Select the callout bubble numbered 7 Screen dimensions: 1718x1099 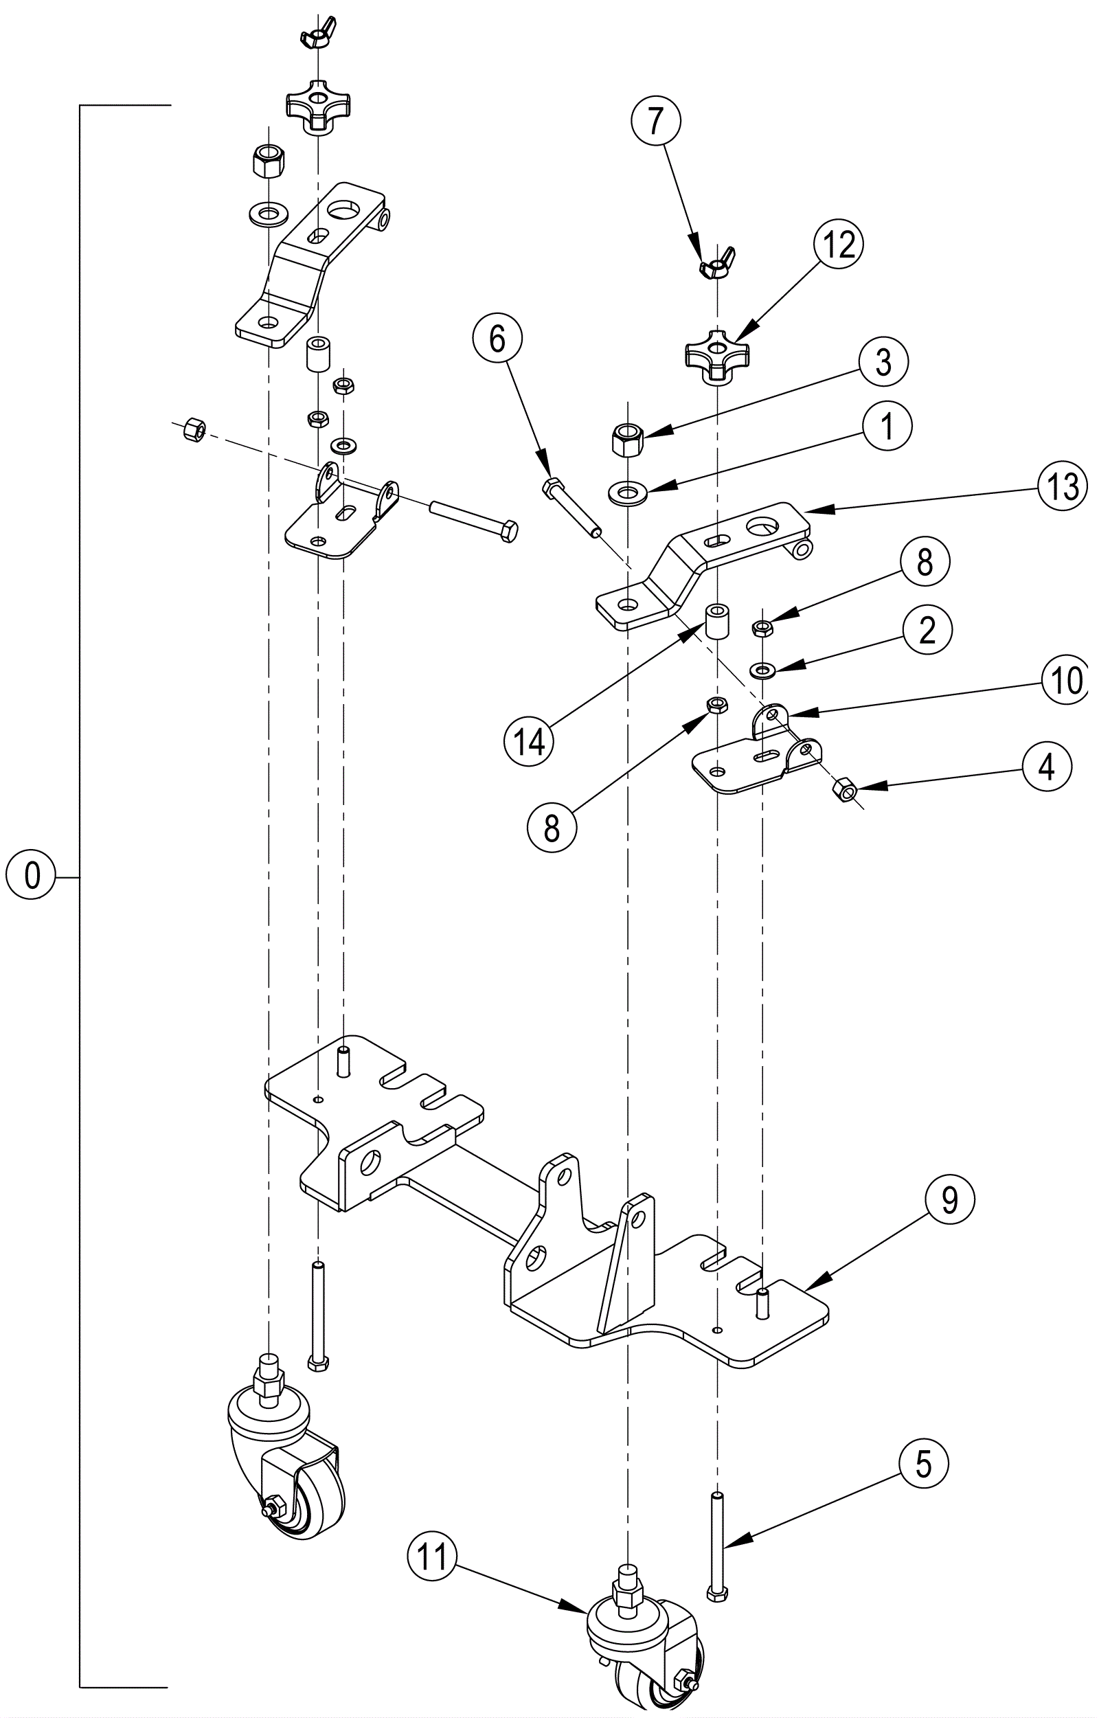click(656, 121)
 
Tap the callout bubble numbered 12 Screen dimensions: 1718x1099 click(839, 245)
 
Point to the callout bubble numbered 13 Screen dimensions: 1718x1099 click(1063, 487)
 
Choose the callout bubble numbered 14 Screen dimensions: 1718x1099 click(530, 743)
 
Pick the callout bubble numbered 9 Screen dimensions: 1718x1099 click(949, 1201)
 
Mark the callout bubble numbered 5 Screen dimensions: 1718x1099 click(923, 1464)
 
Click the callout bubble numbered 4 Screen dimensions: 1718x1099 click(1046, 767)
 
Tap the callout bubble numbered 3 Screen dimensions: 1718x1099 click(883, 362)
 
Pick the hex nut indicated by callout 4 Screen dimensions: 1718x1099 click(844, 790)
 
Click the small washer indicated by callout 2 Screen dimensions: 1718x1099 click(764, 670)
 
